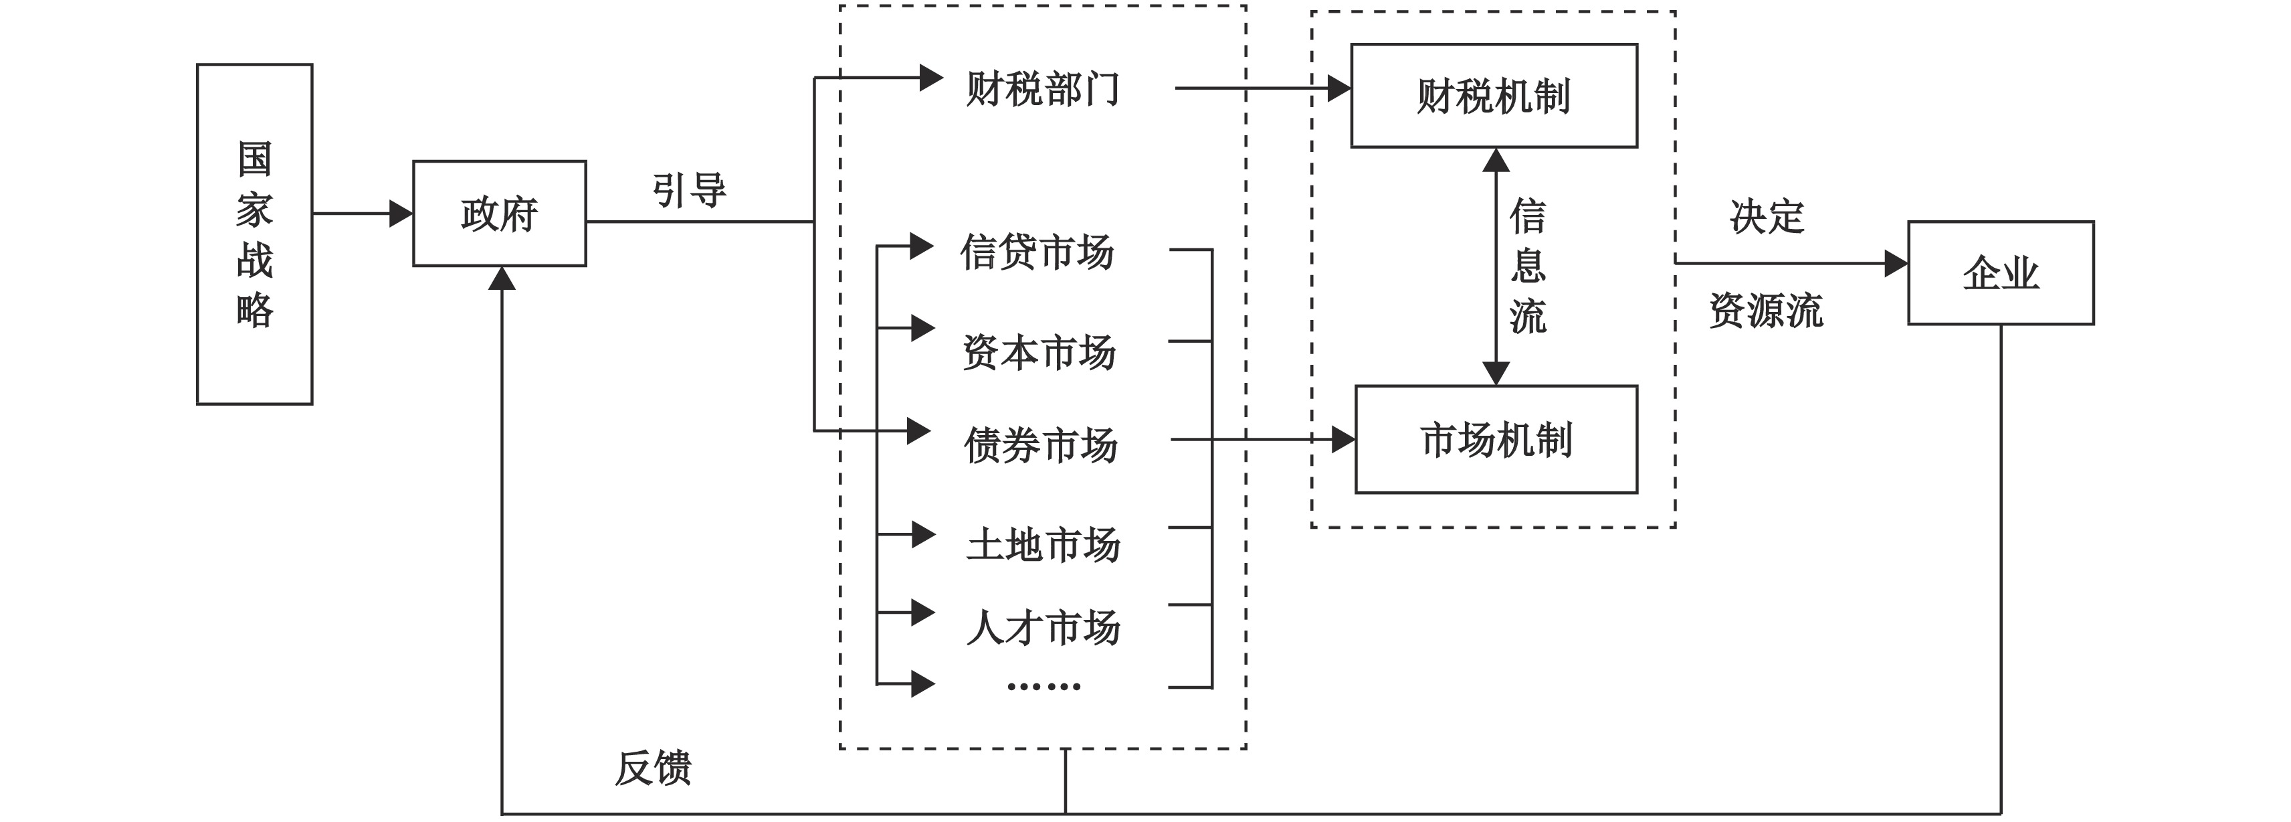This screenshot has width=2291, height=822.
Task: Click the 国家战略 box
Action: pyautogui.click(x=254, y=234)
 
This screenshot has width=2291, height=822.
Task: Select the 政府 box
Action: pyautogui.click(x=499, y=214)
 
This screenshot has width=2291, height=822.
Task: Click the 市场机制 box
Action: pyautogui.click(x=1496, y=440)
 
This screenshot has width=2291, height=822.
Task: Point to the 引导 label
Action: pyautogui.click(x=689, y=190)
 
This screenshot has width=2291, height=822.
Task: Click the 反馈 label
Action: pyautogui.click(x=654, y=767)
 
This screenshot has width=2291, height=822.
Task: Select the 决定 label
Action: pyautogui.click(x=1767, y=216)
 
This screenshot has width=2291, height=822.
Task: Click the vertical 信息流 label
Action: pyautogui.click(x=1528, y=266)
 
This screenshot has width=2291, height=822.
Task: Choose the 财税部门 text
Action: pyautogui.click(x=1042, y=89)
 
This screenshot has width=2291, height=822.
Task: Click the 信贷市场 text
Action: pyautogui.click(x=1037, y=252)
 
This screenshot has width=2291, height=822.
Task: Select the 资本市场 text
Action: pyautogui.click(x=1039, y=352)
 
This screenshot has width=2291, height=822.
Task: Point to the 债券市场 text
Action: pyautogui.click(x=1041, y=445)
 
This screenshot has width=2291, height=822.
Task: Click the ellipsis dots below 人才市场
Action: pyautogui.click(x=1043, y=686)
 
